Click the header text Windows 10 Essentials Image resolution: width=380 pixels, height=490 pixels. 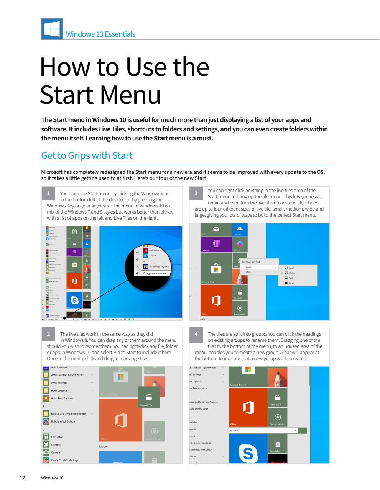[x=100, y=34]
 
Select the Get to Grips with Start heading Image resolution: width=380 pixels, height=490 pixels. [x=87, y=155]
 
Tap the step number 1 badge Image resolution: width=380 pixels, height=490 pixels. [x=48, y=193]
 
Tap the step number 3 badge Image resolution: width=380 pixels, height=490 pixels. [x=196, y=193]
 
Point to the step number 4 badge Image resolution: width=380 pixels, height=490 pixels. [x=196, y=334]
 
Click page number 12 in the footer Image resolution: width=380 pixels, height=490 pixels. [x=23, y=478]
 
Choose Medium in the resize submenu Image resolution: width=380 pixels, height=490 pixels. [x=292, y=273]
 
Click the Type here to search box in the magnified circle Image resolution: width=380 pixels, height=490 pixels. [x=157, y=273]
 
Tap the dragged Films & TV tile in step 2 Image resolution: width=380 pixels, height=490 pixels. [x=149, y=397]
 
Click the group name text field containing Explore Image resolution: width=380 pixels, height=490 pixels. [x=263, y=431]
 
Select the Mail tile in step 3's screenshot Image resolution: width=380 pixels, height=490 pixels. [x=216, y=230]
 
